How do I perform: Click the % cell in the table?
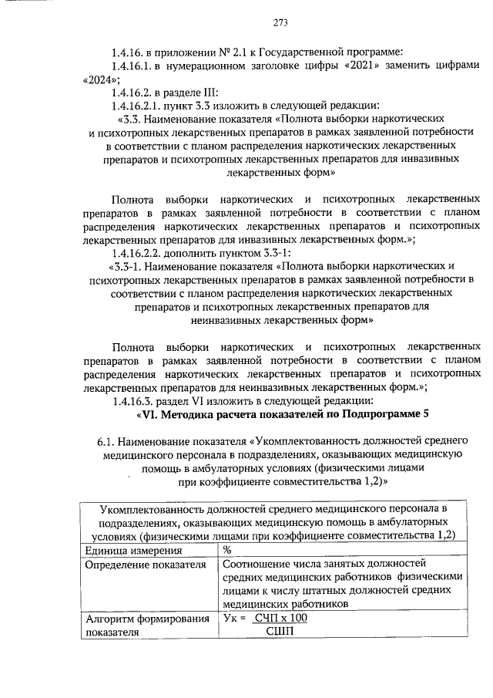pyautogui.click(x=228, y=551)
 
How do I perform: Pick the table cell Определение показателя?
pyautogui.click(x=146, y=565)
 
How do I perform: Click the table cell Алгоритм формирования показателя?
pyautogui.click(x=146, y=626)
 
